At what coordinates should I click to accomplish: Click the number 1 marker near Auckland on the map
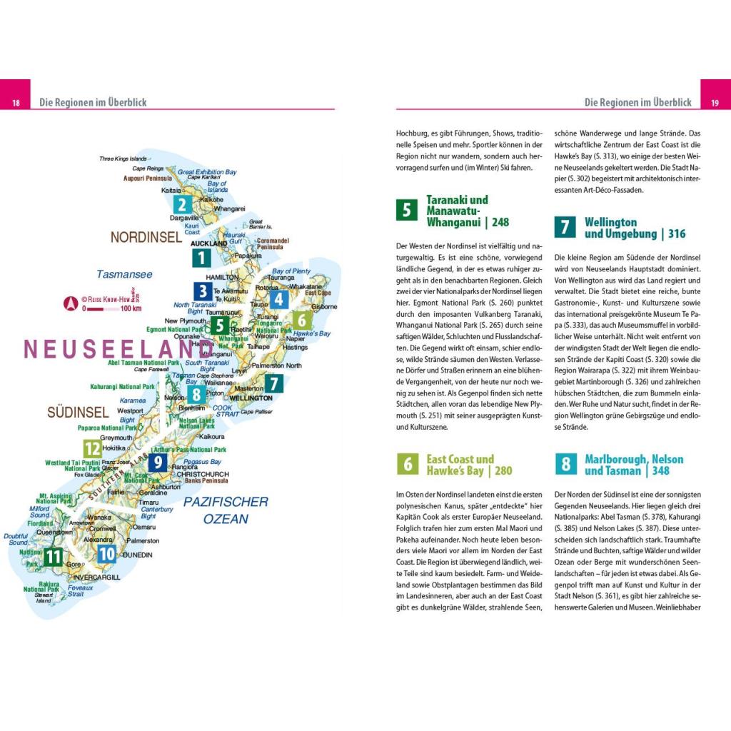coord(201,258)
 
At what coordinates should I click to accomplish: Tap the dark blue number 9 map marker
coord(158,462)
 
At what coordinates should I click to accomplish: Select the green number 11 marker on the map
coord(53,556)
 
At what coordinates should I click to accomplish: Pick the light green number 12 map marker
coord(93,448)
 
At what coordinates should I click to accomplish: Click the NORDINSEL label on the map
coord(146,237)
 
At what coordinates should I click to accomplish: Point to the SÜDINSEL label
coord(78,412)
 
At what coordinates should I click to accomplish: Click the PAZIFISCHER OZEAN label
coord(226,510)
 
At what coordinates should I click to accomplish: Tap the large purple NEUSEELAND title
coord(118,349)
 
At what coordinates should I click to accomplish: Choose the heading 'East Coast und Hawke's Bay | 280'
coord(469,465)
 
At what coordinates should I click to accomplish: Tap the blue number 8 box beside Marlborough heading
coord(565,465)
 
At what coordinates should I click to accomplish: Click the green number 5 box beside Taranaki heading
coord(406,211)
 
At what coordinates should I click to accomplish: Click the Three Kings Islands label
coord(123,158)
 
